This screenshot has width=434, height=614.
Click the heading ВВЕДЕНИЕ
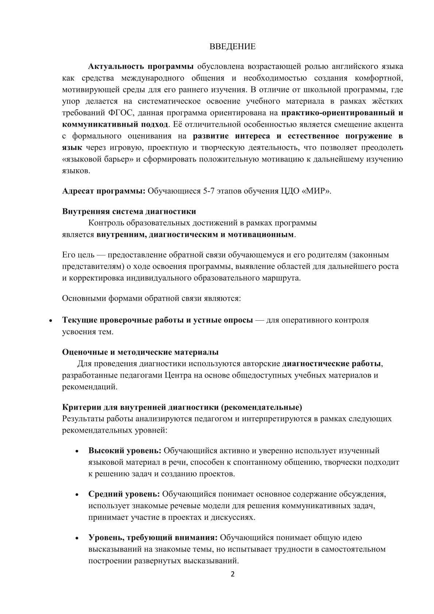click(x=233, y=47)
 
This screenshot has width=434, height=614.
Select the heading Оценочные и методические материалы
click(x=140, y=352)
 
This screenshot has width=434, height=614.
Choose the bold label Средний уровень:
click(x=124, y=494)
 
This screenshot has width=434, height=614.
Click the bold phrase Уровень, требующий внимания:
click(x=153, y=537)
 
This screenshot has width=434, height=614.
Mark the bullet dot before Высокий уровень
click(x=77, y=452)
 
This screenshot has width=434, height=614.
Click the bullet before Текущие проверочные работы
click(x=51, y=321)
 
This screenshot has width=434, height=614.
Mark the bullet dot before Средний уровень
click(x=77, y=495)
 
